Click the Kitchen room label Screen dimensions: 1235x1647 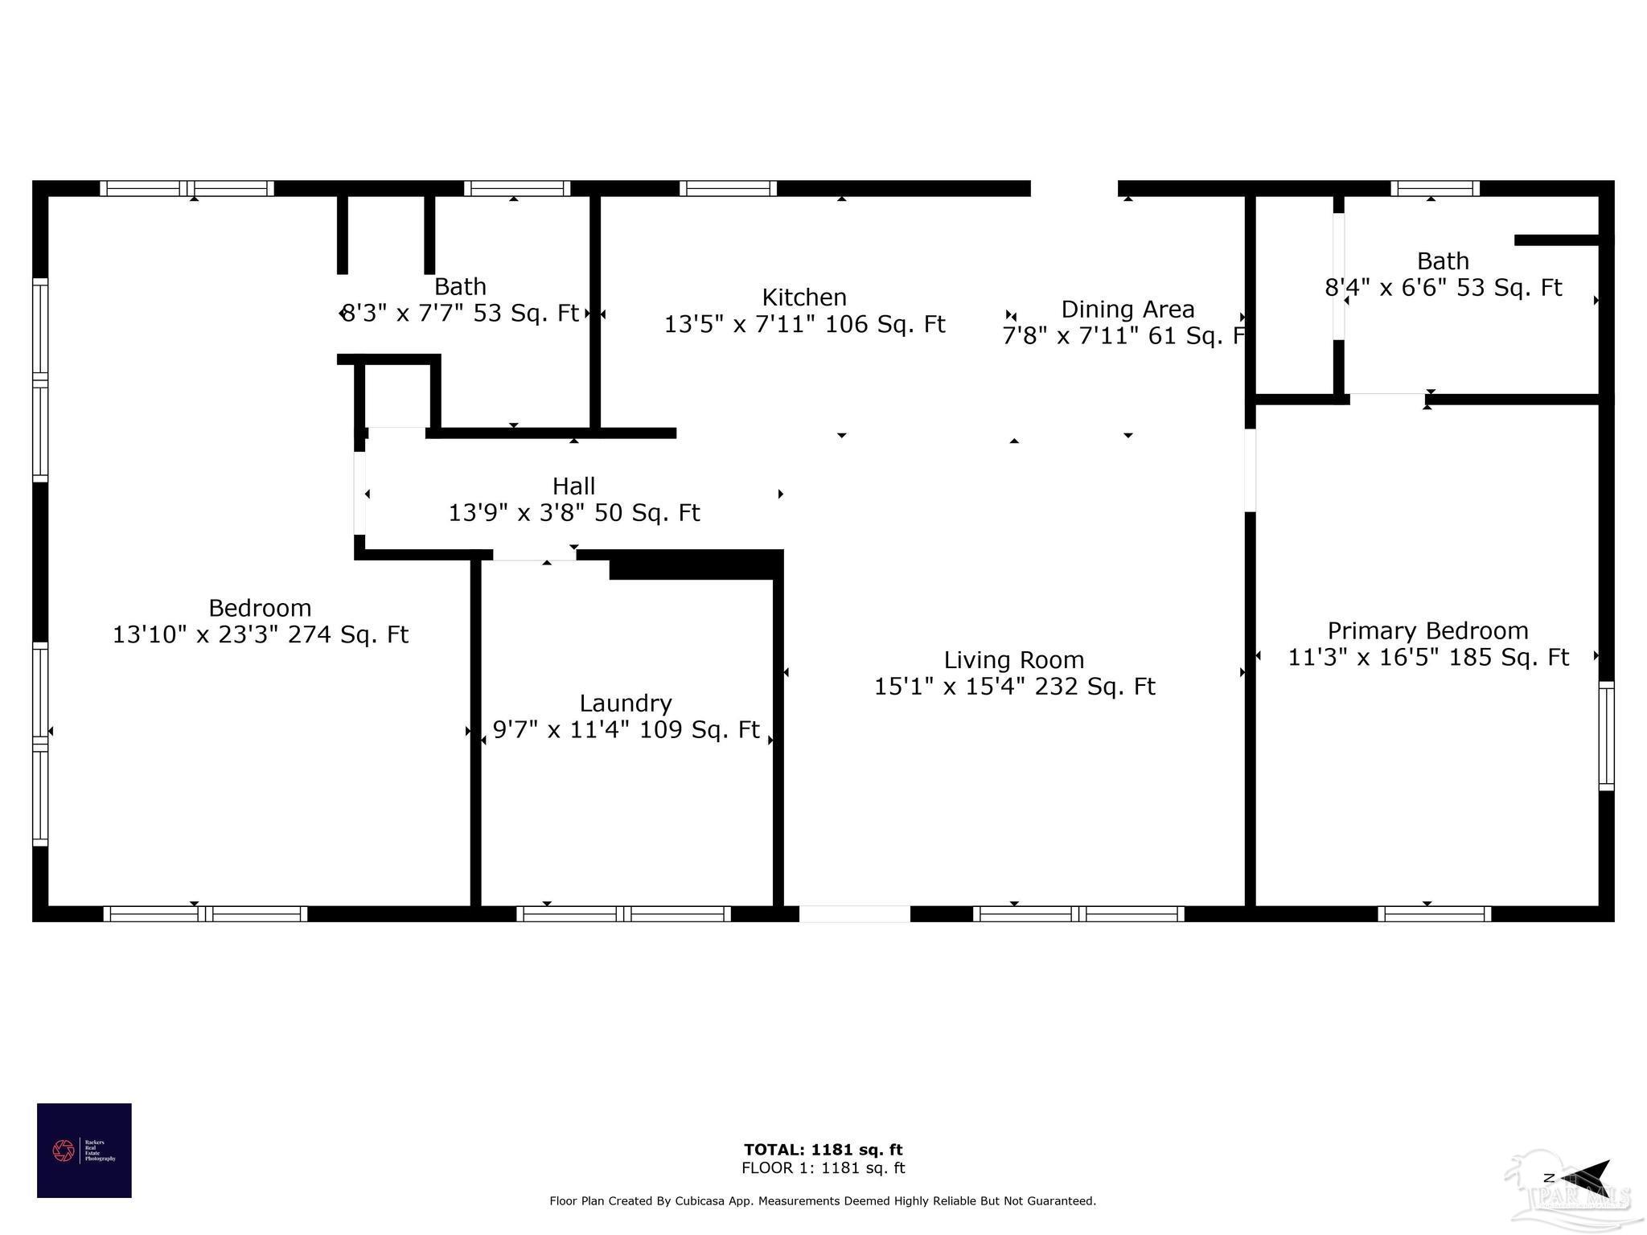pyautogui.click(x=804, y=297)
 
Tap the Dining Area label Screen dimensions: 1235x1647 pyautogui.click(x=1127, y=310)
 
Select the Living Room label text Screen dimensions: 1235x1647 pyautogui.click(x=1013, y=660)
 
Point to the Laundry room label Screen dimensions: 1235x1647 pyautogui.click(x=626, y=704)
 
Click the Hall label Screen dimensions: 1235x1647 pyautogui.click(x=573, y=486)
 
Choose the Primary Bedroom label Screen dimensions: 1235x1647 pyautogui.click(x=1427, y=631)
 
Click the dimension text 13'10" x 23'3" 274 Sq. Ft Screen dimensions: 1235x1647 pyautogui.click(x=260, y=635)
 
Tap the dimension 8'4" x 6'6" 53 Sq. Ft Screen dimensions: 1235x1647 pyautogui.click(x=1443, y=288)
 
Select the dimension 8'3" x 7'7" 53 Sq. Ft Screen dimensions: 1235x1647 pyautogui.click(x=460, y=313)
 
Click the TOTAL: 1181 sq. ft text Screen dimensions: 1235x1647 pyautogui.click(x=823, y=1150)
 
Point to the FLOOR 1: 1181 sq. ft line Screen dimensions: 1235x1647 pyautogui.click(x=823, y=1168)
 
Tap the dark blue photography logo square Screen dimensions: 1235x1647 pyautogui.click(x=84, y=1151)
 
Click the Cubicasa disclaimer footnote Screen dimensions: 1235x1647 pyautogui.click(x=823, y=1201)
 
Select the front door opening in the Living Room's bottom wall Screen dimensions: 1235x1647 pyautogui.click(x=854, y=914)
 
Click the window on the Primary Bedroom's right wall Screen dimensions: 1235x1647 pyautogui.click(x=1606, y=736)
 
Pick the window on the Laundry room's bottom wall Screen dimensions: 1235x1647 pyautogui.click(x=623, y=914)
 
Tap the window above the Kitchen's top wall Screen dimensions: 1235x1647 pyautogui.click(x=728, y=189)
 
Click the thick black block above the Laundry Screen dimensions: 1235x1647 pyautogui.click(x=696, y=565)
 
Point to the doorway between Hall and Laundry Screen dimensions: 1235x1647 pyautogui.click(x=534, y=556)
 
